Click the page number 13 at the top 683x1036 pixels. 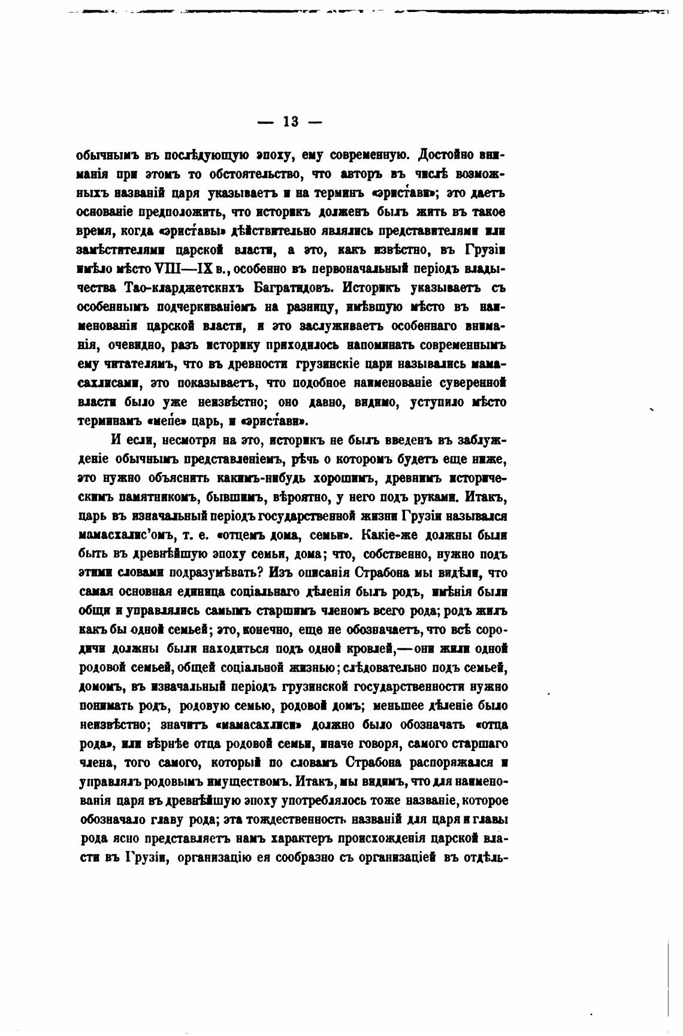point(290,122)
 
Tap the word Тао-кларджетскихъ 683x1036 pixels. point(179,288)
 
